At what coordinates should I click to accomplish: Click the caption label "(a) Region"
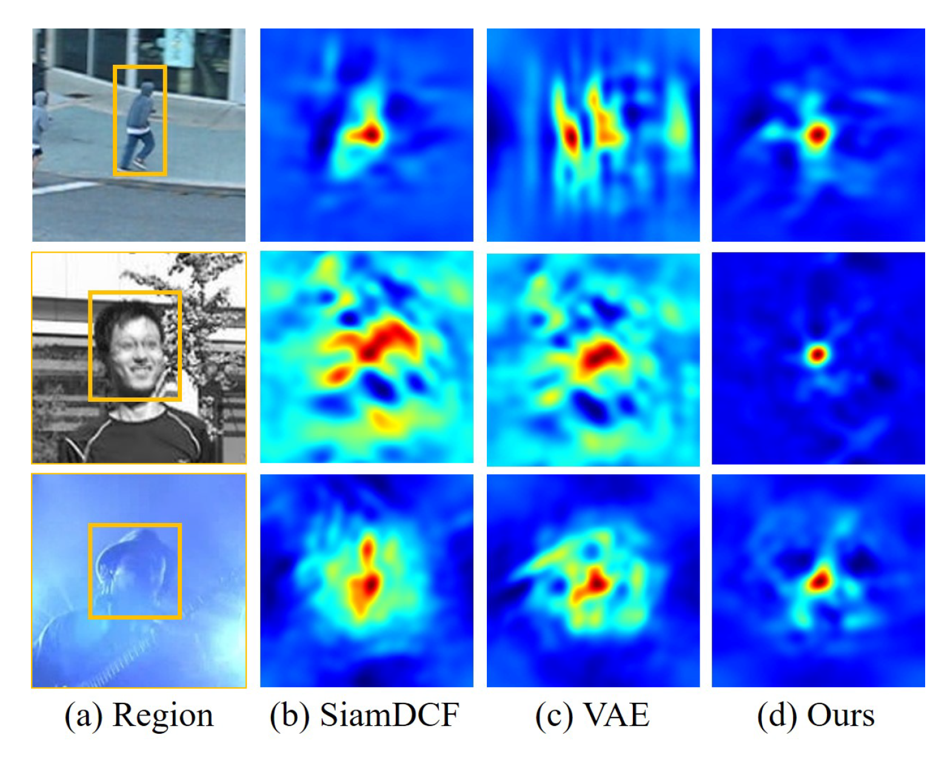coord(139,716)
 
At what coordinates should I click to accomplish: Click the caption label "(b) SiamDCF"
coord(364,716)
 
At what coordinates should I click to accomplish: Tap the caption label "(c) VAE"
coord(592,716)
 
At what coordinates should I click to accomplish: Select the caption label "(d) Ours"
coord(816,716)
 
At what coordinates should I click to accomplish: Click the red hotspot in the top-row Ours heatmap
coord(817,135)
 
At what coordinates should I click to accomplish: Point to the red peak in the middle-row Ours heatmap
coord(817,354)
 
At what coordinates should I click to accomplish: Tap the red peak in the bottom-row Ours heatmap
coord(819,581)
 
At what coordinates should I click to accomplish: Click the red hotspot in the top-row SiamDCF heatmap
coord(367,134)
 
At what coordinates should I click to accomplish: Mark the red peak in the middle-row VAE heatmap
coord(599,356)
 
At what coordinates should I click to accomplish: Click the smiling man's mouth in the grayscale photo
coord(140,370)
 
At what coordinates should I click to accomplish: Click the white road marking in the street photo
coord(61,188)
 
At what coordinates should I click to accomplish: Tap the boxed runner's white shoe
coord(140,164)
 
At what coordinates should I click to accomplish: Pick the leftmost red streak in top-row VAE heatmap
coord(570,137)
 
